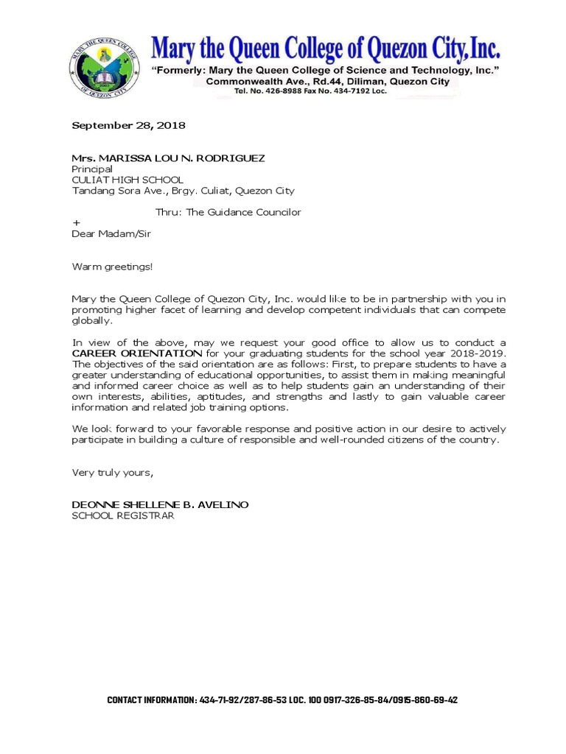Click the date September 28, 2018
tap(128, 125)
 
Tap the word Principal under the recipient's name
tap(92, 169)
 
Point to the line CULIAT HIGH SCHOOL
tap(127, 180)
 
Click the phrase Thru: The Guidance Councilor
tap(228, 212)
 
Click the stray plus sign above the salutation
tap(75, 222)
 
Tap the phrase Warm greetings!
tap(112, 266)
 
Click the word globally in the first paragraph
tap(92, 321)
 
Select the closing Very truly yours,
tap(112, 472)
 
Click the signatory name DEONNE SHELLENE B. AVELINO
tap(160, 504)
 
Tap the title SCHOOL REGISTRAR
tap(122, 515)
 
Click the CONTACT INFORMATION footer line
tap(282, 700)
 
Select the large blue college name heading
tap(326, 49)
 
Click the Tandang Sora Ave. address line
tap(183, 191)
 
